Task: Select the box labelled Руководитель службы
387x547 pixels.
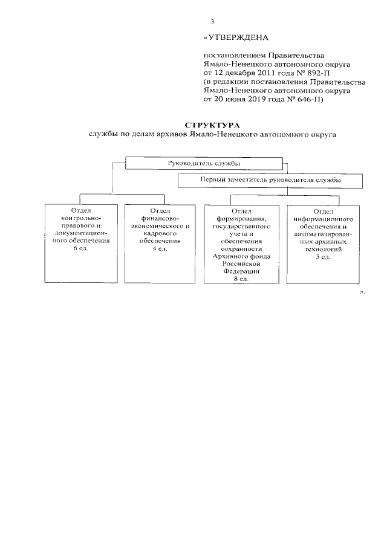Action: tap(203, 164)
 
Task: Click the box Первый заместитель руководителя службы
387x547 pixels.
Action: tap(270, 180)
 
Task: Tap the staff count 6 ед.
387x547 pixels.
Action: tap(81, 249)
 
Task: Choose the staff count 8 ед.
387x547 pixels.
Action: tap(241, 279)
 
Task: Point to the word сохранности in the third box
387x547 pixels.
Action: tap(241, 248)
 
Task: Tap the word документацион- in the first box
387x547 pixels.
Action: tap(81, 233)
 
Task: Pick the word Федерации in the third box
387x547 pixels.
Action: tap(241, 271)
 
